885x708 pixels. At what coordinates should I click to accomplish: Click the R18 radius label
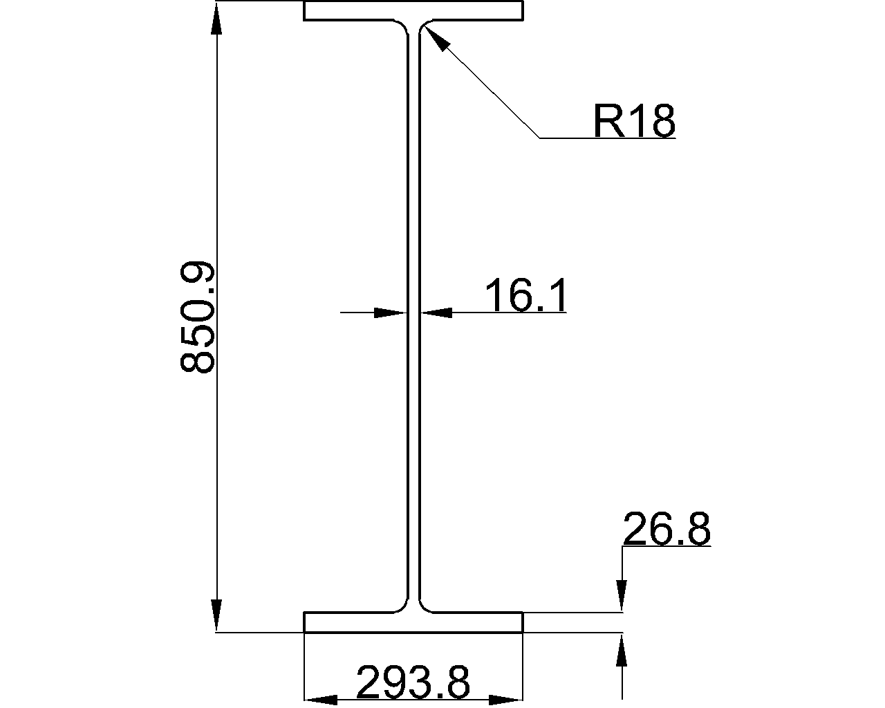[633, 121]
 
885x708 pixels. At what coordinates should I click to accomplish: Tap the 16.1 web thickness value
[526, 295]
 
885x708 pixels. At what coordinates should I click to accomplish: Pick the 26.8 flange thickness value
[667, 530]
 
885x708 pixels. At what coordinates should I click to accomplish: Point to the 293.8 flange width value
[413, 683]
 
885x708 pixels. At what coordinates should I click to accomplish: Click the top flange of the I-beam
[413, 11]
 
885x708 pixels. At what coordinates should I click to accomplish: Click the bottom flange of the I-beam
[413, 622]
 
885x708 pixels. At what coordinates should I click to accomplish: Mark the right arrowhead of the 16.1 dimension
[436, 313]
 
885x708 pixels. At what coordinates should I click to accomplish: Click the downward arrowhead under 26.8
[623, 596]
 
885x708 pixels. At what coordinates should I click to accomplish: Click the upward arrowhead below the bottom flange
[623, 650]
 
